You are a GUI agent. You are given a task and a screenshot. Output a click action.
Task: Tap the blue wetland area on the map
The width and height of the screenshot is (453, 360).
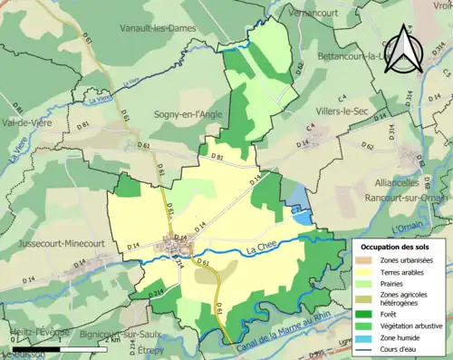click(x=299, y=200)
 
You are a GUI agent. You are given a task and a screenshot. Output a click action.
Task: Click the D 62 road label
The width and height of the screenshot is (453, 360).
click(x=367, y=146)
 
